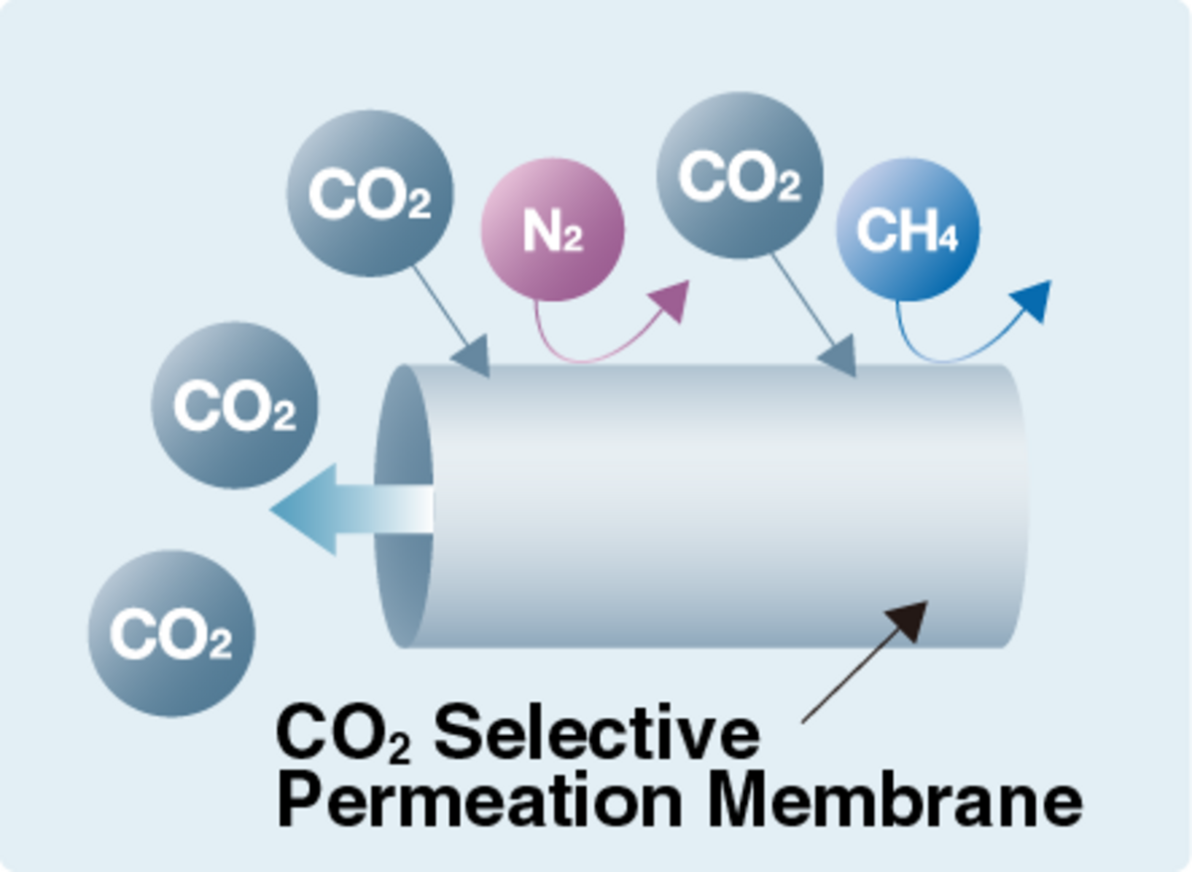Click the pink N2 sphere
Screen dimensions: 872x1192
click(x=552, y=229)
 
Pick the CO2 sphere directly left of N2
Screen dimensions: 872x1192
click(x=370, y=193)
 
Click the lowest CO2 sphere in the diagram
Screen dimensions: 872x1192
click(x=171, y=634)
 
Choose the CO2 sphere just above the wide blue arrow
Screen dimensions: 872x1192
click(x=234, y=405)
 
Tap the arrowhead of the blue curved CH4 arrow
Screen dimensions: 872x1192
click(x=1033, y=298)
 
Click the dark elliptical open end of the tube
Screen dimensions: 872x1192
click(x=403, y=507)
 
